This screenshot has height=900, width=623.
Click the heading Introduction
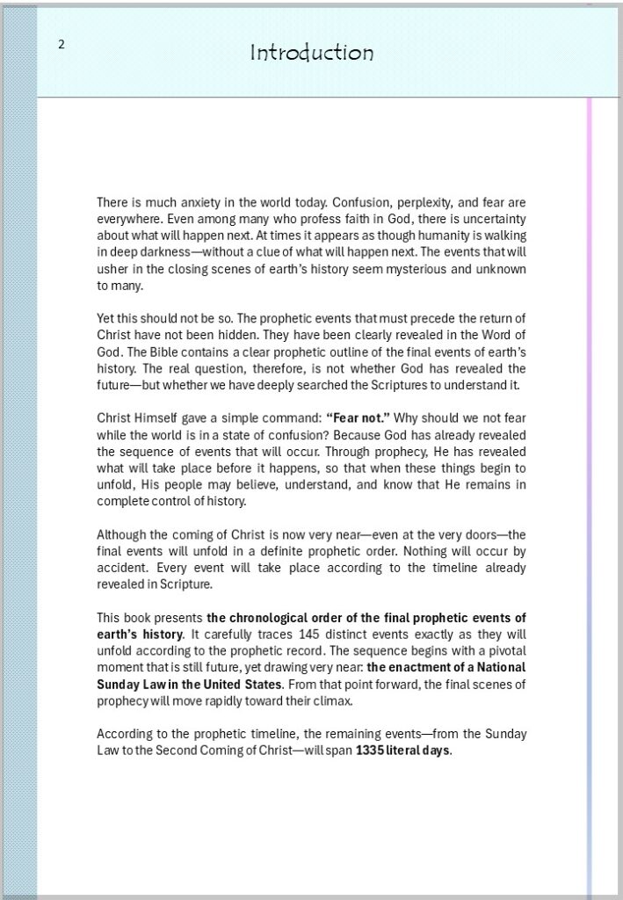(312, 53)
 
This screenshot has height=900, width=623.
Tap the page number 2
(62, 45)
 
